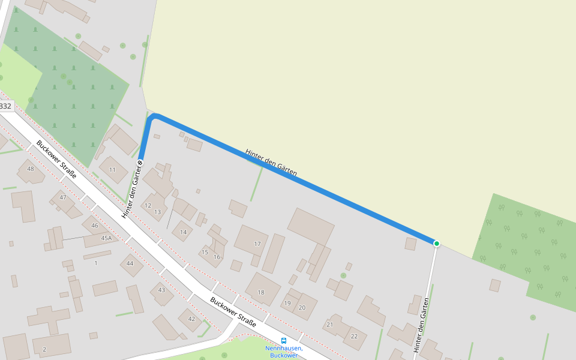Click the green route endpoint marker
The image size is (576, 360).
pyautogui.click(x=437, y=243)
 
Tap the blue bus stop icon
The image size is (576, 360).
pyautogui.click(x=284, y=340)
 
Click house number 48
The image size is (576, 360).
pyautogui.click(x=31, y=169)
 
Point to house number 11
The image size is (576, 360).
pyautogui.click(x=112, y=170)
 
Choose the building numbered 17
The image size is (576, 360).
pyautogui.click(x=257, y=244)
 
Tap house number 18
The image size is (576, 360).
pyautogui.click(x=261, y=292)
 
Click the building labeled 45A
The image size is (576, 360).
pyautogui.click(x=106, y=238)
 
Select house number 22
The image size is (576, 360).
pyautogui.click(x=354, y=336)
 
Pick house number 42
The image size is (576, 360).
pyautogui.click(x=191, y=319)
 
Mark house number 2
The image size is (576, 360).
pyautogui.click(x=44, y=349)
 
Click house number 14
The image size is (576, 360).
pyautogui.click(x=183, y=232)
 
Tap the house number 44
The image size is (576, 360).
pyautogui.click(x=130, y=263)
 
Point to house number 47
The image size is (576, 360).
pyautogui.click(x=62, y=197)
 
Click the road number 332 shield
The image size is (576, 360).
pyautogui.click(x=5, y=106)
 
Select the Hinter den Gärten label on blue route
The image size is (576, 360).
pyautogui.click(x=271, y=162)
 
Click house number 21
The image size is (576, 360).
pyautogui.click(x=329, y=325)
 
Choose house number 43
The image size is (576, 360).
pyautogui.click(x=161, y=290)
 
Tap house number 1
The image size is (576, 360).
pyautogui.click(x=95, y=263)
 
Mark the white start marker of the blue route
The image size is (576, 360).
pyautogui.click(x=140, y=162)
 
